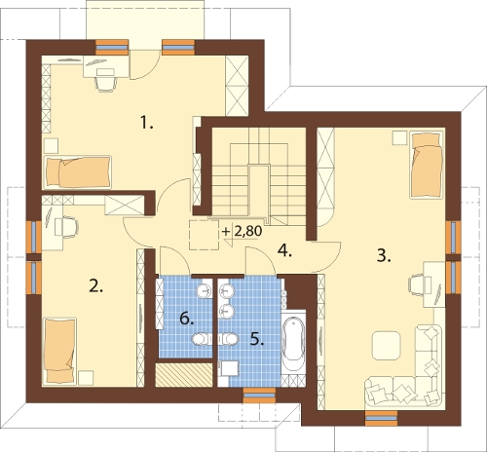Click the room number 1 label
click(146, 123)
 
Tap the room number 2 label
click(96, 285)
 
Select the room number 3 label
click(384, 255)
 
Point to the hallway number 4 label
click(285, 250)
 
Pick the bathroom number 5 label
click(257, 339)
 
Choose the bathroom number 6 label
click(187, 319)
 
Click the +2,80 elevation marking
click(242, 232)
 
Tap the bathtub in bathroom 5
click(293, 339)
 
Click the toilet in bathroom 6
click(202, 340)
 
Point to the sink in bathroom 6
click(204, 289)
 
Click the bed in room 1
click(77, 172)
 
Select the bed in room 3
click(427, 165)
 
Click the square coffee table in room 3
click(386, 345)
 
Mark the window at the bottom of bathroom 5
click(259, 395)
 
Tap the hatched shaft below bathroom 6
click(184, 375)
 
